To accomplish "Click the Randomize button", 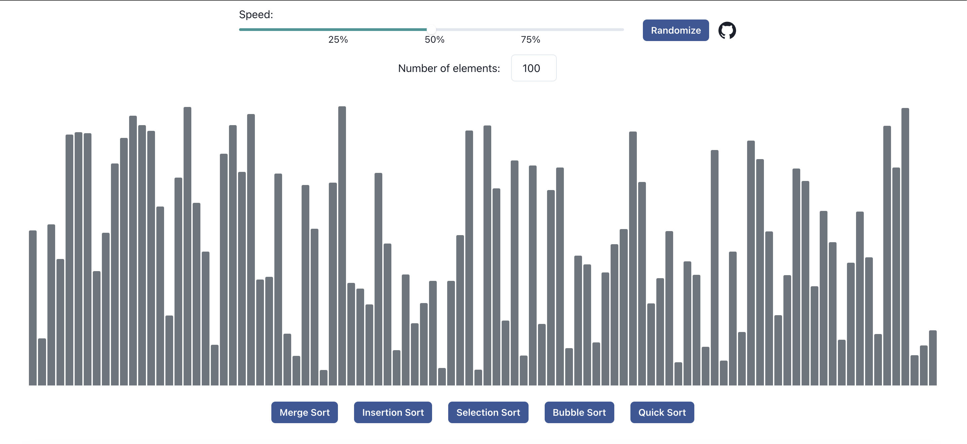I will (x=675, y=30).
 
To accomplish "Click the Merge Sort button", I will (x=304, y=412).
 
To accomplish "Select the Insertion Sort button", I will (x=393, y=412).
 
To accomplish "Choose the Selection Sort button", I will (x=488, y=412).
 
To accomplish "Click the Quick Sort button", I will (x=662, y=412).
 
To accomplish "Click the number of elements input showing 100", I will (x=533, y=68).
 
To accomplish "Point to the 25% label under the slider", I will (x=338, y=39).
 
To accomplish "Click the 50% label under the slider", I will (x=434, y=39).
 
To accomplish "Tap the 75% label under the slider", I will (x=530, y=39).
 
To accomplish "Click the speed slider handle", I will (x=431, y=29).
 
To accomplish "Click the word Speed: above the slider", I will (x=256, y=14).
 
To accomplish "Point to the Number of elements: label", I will (x=449, y=68).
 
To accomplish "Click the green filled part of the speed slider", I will (x=330, y=29).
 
